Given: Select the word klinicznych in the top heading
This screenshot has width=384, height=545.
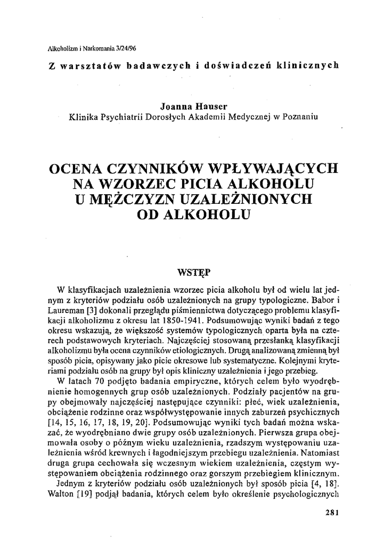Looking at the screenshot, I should (312, 65).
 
